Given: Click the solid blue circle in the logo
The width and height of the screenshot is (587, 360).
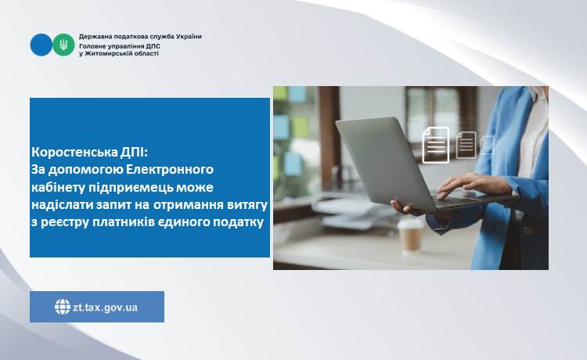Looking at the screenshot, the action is click(x=41, y=45).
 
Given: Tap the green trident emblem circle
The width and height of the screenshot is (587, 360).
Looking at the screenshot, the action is click(x=63, y=45).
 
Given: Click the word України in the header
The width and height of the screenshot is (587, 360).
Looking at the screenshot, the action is click(x=189, y=37).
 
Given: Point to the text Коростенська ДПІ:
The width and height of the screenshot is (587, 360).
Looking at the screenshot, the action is click(x=90, y=153).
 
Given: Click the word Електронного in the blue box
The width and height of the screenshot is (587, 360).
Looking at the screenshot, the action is click(x=170, y=170).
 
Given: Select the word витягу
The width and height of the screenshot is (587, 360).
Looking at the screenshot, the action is click(x=247, y=205).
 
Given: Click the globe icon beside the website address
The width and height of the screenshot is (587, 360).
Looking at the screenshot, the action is click(x=63, y=307).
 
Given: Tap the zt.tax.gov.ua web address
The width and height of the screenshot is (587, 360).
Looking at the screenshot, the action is click(x=105, y=308).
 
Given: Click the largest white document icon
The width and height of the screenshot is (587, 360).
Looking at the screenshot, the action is click(x=436, y=145).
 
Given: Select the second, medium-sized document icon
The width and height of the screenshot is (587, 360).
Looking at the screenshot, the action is click(x=466, y=145).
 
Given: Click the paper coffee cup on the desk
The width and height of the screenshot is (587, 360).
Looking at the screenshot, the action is click(x=411, y=236).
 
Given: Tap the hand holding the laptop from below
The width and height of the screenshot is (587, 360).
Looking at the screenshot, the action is click(x=408, y=207).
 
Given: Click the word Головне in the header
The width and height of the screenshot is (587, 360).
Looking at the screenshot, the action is click(x=92, y=46).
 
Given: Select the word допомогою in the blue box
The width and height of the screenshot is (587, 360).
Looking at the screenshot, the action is click(x=86, y=171).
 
